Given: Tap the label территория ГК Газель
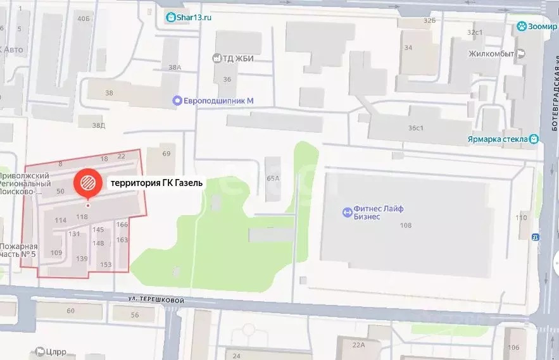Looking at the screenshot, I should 157,183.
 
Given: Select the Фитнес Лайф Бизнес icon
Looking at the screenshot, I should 347,212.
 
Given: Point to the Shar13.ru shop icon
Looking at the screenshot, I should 170,18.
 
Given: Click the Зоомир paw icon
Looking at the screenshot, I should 522,27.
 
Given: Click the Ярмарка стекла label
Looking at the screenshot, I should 498,139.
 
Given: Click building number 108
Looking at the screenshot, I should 406,225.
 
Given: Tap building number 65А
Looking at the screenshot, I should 273,178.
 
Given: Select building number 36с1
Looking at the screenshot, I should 415,128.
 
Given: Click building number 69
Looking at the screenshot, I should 166,154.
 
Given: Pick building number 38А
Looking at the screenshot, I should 175,67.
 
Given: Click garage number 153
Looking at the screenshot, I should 106,264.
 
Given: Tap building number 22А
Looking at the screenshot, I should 359,345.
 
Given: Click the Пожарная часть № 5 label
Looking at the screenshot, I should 18,251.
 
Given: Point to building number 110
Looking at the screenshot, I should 521,218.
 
